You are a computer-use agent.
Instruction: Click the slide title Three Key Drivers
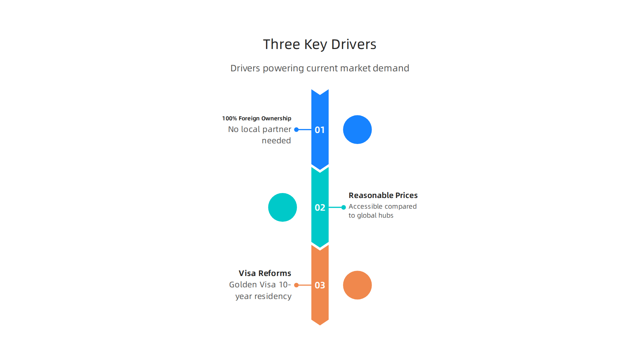(x=320, y=44)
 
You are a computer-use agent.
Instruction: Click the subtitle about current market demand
(x=320, y=68)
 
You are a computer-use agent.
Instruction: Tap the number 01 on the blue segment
(x=320, y=130)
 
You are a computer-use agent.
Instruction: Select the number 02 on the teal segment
(x=320, y=207)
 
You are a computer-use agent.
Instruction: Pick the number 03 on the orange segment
(x=320, y=285)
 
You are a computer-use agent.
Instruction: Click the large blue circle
(x=357, y=130)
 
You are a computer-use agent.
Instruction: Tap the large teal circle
(x=282, y=207)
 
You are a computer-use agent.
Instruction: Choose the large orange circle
(x=357, y=285)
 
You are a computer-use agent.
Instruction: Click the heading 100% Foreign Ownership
(x=257, y=118)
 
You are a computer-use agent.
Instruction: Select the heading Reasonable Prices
(x=383, y=195)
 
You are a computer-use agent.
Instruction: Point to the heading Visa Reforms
(x=265, y=273)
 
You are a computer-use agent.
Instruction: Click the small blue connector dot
(x=296, y=130)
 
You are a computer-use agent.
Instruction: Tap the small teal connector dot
(x=344, y=207)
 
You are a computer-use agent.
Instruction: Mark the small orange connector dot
(x=296, y=285)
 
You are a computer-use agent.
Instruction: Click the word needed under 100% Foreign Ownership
(x=276, y=141)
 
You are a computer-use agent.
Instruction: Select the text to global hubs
(x=371, y=216)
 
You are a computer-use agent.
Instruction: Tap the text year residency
(x=263, y=296)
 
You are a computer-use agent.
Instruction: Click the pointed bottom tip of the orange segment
(x=320, y=325)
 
